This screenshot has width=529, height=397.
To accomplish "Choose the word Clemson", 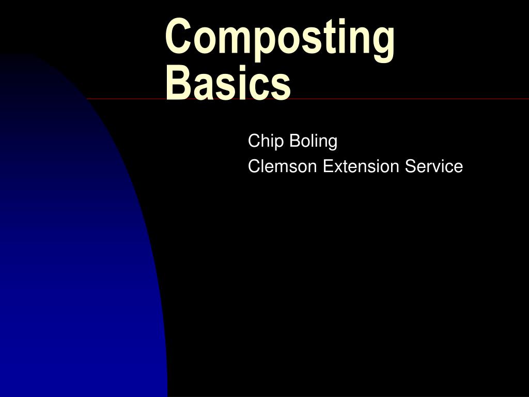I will pyautogui.click(x=283, y=166).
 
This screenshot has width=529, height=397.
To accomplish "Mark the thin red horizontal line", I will pyautogui.click(x=413, y=99).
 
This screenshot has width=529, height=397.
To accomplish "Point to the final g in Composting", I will pyautogui.click(x=383, y=42).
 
